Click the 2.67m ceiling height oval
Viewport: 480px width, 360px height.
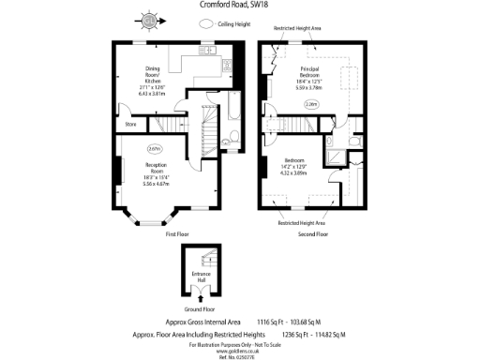click(x=154, y=148)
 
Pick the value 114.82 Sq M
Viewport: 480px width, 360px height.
click(x=327, y=334)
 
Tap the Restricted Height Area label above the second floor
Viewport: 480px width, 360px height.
click(x=298, y=29)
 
